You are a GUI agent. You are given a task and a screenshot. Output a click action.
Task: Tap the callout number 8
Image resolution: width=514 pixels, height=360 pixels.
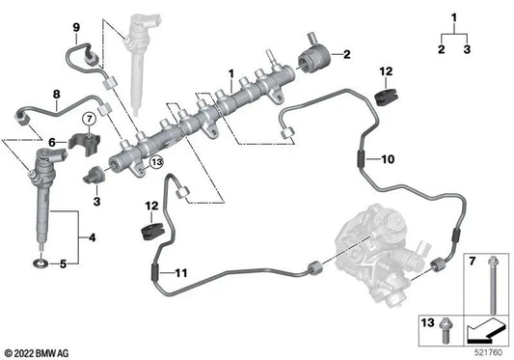pos(56,95)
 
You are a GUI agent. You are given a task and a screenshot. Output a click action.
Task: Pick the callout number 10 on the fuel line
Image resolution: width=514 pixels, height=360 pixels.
pos(389,158)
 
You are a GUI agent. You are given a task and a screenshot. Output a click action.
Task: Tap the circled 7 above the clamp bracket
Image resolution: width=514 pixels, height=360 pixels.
pos(88,119)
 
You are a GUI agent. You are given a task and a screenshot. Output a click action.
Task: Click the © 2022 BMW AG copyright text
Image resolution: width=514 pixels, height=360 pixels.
pos(43,351)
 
